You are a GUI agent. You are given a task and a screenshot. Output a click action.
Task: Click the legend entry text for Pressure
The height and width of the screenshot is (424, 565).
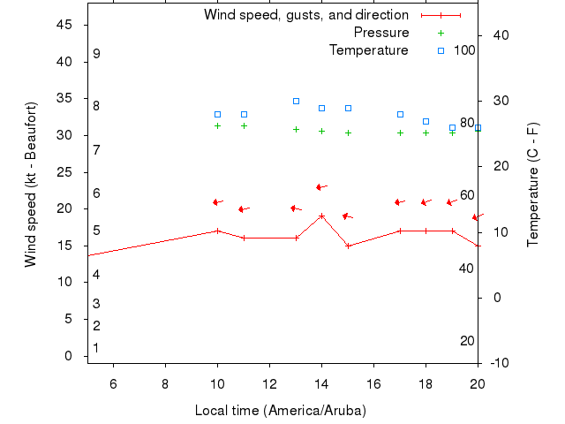point(381,33)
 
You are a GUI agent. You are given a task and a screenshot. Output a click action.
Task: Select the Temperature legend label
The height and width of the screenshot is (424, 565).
point(369,50)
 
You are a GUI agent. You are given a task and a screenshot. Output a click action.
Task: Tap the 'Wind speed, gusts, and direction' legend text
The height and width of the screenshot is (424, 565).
point(305,15)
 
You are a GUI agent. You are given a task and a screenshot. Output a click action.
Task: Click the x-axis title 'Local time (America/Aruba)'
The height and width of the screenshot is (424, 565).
point(280,411)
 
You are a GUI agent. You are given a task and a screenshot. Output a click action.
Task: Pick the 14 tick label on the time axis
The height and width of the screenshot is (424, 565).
point(321,382)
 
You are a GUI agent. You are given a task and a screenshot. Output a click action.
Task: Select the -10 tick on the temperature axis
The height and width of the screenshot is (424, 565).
point(497,362)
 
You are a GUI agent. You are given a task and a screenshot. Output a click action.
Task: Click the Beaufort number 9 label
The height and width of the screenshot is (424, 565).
point(96,54)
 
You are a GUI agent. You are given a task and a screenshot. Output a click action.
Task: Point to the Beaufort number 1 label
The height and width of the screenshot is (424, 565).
point(96,348)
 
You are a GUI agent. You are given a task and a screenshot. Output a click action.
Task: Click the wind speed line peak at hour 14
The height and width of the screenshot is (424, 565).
point(322,216)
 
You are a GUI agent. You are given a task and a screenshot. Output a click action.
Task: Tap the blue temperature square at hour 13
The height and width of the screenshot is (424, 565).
point(297,102)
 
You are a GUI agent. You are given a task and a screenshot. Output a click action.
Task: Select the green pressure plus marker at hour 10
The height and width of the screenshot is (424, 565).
point(218,125)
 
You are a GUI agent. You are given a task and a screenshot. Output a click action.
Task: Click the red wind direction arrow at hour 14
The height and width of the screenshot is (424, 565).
point(321,187)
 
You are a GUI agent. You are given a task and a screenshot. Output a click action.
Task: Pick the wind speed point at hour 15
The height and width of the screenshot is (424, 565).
point(348,246)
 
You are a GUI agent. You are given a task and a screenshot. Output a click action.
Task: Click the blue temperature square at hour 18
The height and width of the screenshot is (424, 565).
point(426,121)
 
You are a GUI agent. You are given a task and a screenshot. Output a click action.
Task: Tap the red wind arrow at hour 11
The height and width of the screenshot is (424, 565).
point(244,209)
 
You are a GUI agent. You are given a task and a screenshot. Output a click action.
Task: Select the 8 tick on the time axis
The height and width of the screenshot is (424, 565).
point(165,382)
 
